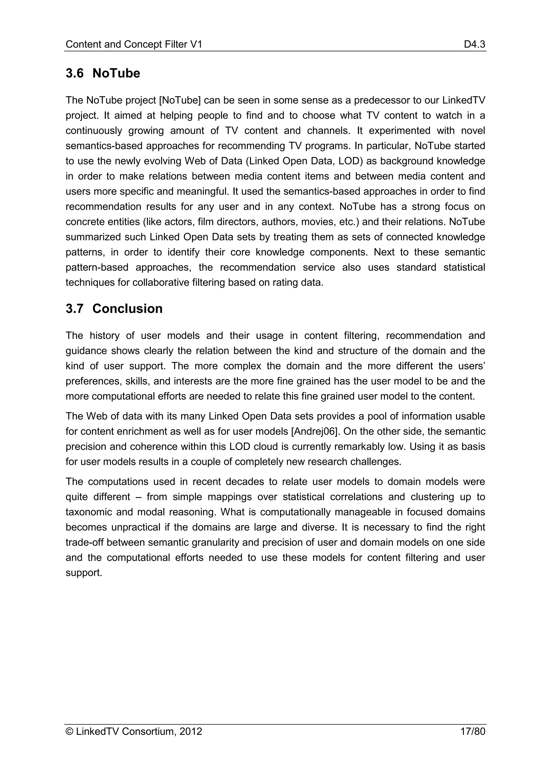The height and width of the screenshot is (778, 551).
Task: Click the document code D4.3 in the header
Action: point(474,44)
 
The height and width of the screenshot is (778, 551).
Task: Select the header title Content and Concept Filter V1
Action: point(134,44)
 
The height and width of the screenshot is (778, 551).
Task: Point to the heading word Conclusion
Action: point(127,309)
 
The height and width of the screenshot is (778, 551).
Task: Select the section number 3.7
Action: point(74,309)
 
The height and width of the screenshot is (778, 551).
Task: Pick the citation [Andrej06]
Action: point(316,431)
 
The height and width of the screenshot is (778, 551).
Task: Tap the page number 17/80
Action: point(473,732)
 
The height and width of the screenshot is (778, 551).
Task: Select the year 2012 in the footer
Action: point(191,732)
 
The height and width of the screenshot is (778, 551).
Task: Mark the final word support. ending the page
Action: point(84,573)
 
